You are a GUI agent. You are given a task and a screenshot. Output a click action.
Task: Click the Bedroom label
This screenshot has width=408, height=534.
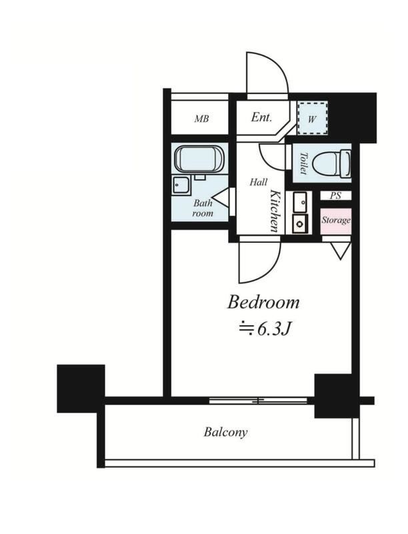click(263, 302)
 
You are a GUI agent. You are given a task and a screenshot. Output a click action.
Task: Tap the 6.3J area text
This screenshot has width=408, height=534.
click(265, 328)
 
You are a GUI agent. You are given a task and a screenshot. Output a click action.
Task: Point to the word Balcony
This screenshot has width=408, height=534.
click(225, 433)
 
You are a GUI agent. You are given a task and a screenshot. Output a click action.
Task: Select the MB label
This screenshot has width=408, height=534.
click(201, 119)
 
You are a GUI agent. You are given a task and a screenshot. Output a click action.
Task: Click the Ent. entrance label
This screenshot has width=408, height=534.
click(261, 117)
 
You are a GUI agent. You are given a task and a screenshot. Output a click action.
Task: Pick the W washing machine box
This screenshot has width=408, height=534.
click(313, 119)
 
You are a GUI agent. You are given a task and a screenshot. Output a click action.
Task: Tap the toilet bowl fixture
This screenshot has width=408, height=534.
click(331, 164)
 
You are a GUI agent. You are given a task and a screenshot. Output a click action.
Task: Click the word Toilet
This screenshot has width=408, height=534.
click(303, 164)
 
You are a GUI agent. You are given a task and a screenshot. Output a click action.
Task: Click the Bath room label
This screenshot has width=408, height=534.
click(203, 208)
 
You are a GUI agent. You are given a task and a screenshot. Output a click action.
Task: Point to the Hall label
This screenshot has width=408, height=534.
click(259, 182)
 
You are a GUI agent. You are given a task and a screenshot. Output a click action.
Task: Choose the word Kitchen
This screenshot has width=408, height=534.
click(275, 211)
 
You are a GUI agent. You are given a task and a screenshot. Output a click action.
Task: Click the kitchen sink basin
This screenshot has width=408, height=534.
click(299, 202)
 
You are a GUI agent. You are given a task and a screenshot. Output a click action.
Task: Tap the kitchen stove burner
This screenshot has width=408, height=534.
click(299, 224)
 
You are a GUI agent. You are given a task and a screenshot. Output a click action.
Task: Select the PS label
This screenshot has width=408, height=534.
click(335, 196)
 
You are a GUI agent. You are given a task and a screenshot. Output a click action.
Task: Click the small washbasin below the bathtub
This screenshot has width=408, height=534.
click(181, 186)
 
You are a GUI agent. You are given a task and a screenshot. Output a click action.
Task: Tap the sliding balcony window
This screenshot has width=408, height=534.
click(259, 400)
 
